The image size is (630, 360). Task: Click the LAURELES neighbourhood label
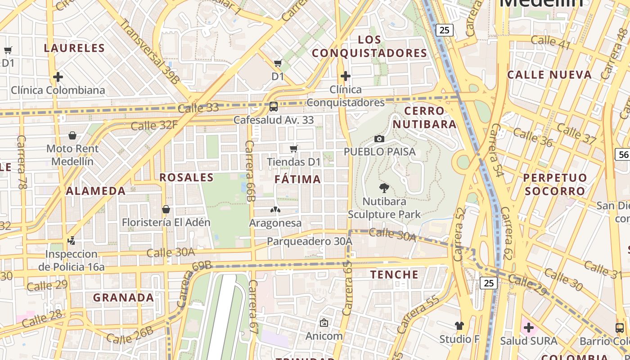(75, 48)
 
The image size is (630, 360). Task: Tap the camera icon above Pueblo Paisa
(379, 139)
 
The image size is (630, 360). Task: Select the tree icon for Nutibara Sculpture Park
(384, 188)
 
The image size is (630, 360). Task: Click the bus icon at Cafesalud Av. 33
(273, 107)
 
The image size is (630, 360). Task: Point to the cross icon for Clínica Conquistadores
(345, 76)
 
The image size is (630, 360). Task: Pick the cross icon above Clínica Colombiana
(58, 77)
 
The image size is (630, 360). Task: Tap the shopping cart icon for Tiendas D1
(294, 148)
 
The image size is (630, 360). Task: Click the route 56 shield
(623, 154)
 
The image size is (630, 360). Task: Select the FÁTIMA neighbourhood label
(298, 180)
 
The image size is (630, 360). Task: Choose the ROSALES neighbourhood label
(186, 177)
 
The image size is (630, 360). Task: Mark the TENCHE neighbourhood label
(394, 274)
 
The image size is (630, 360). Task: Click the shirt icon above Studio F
(459, 325)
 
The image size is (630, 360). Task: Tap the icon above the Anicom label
(324, 323)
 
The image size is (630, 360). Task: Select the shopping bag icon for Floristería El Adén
(166, 209)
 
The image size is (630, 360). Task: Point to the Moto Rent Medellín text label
(72, 155)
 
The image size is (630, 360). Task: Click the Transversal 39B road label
(150, 52)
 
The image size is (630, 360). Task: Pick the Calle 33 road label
(198, 108)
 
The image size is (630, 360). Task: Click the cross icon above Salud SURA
(529, 327)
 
